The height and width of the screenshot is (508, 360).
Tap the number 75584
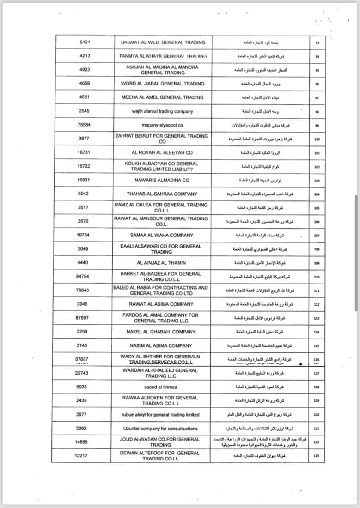coord(84,125)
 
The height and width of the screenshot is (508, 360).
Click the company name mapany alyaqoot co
coord(160,125)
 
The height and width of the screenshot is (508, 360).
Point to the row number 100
coord(317,139)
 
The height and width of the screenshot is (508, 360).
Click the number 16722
coord(84,166)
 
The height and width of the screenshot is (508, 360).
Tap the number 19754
coord(84,235)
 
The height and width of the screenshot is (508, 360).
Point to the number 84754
coord(84,277)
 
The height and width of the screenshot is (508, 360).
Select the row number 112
coord(317,304)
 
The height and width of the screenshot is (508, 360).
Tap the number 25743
coord(84,373)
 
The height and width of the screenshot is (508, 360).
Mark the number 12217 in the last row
coord(84,456)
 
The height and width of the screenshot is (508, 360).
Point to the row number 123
coord(317,456)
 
